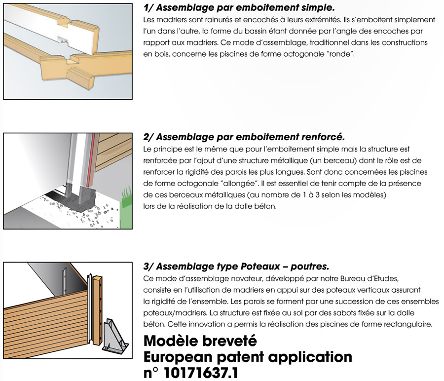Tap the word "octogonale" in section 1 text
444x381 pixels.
click(298, 54)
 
